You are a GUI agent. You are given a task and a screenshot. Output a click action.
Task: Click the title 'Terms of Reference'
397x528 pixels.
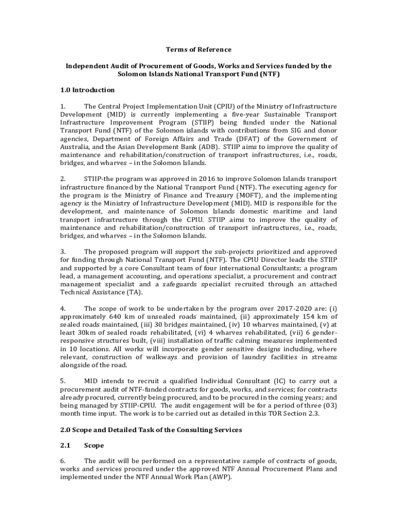point(198,50)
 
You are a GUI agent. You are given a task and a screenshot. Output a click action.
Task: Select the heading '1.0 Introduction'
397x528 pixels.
point(87,90)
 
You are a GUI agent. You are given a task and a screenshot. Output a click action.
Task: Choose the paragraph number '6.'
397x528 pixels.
point(63,461)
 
